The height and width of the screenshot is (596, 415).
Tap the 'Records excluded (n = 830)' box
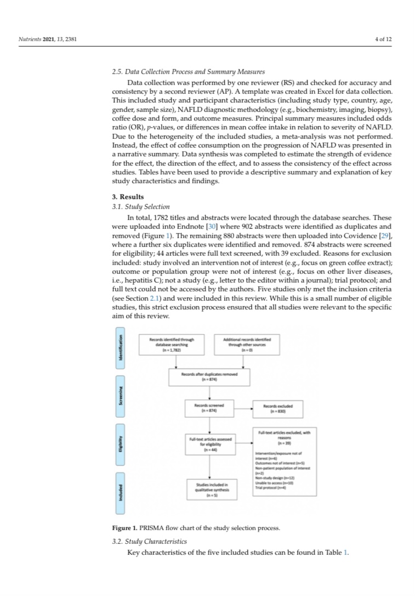[278, 409]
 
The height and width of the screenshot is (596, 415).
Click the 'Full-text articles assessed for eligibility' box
[210, 444]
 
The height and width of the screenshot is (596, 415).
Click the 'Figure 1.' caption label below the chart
[125, 528]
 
